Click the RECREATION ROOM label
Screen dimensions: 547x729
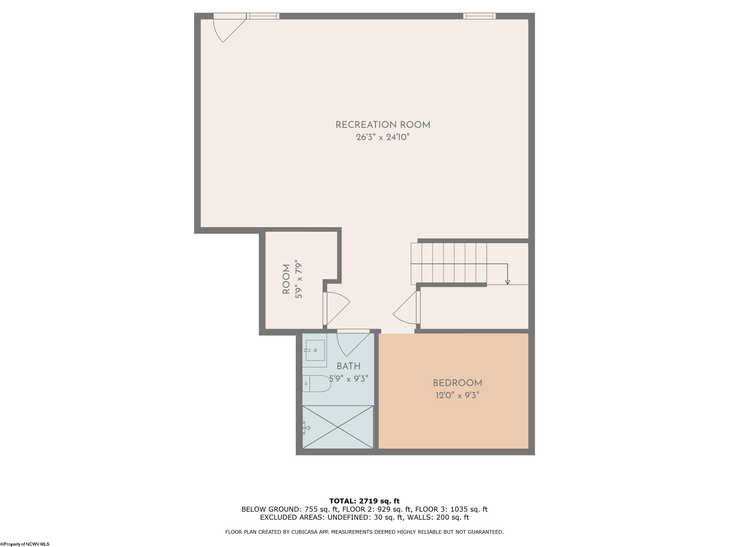coord(383,125)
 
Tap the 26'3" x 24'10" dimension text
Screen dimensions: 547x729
coord(383,137)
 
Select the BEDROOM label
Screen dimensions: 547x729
coord(457,383)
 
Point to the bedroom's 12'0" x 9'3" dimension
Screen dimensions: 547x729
coord(457,395)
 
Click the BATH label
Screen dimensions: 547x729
coord(348,366)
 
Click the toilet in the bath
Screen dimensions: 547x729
coord(317,383)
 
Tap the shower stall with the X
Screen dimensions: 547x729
coord(338,427)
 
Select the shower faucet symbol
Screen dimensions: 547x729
coord(306,428)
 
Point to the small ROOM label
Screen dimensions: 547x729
coord(286,279)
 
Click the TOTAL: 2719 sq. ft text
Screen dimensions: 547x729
coord(364,501)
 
